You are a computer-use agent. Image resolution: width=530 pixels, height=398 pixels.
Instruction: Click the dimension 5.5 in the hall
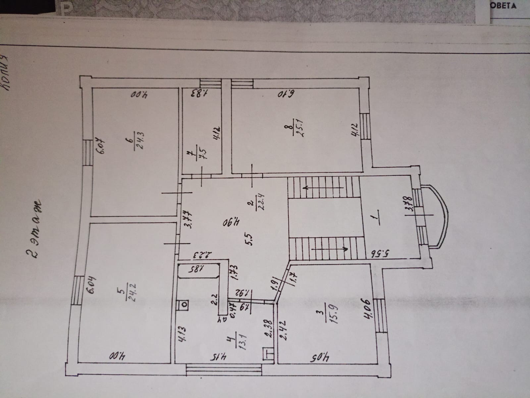coord(249,238)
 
